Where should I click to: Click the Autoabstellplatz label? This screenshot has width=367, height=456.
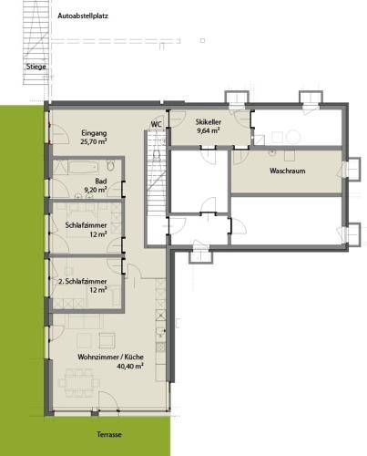(x=83, y=16)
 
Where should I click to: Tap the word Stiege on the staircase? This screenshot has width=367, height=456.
(x=36, y=67)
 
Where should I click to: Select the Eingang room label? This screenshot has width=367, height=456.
(x=94, y=133)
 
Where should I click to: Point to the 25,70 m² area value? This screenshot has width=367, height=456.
(x=94, y=141)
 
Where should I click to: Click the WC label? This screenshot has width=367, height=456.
(x=157, y=124)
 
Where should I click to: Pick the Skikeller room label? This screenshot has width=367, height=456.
(x=209, y=122)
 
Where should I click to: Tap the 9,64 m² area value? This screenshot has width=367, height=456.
(x=209, y=130)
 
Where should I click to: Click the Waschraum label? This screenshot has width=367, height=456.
(x=288, y=171)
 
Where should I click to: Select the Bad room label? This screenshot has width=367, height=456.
(x=101, y=181)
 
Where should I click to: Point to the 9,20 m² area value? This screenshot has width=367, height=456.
(x=96, y=190)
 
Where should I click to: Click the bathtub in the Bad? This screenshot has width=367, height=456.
(x=83, y=167)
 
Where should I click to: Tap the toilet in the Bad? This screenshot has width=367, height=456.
(x=110, y=166)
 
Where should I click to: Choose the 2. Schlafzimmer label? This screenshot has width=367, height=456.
(x=82, y=281)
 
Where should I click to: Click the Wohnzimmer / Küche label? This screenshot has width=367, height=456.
(x=110, y=357)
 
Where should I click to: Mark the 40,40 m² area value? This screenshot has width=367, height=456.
(x=130, y=366)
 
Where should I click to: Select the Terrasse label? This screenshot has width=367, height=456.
(x=109, y=434)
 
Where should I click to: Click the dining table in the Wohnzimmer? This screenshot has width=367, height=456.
(x=79, y=382)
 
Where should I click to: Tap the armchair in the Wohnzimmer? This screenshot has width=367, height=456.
(x=107, y=340)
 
